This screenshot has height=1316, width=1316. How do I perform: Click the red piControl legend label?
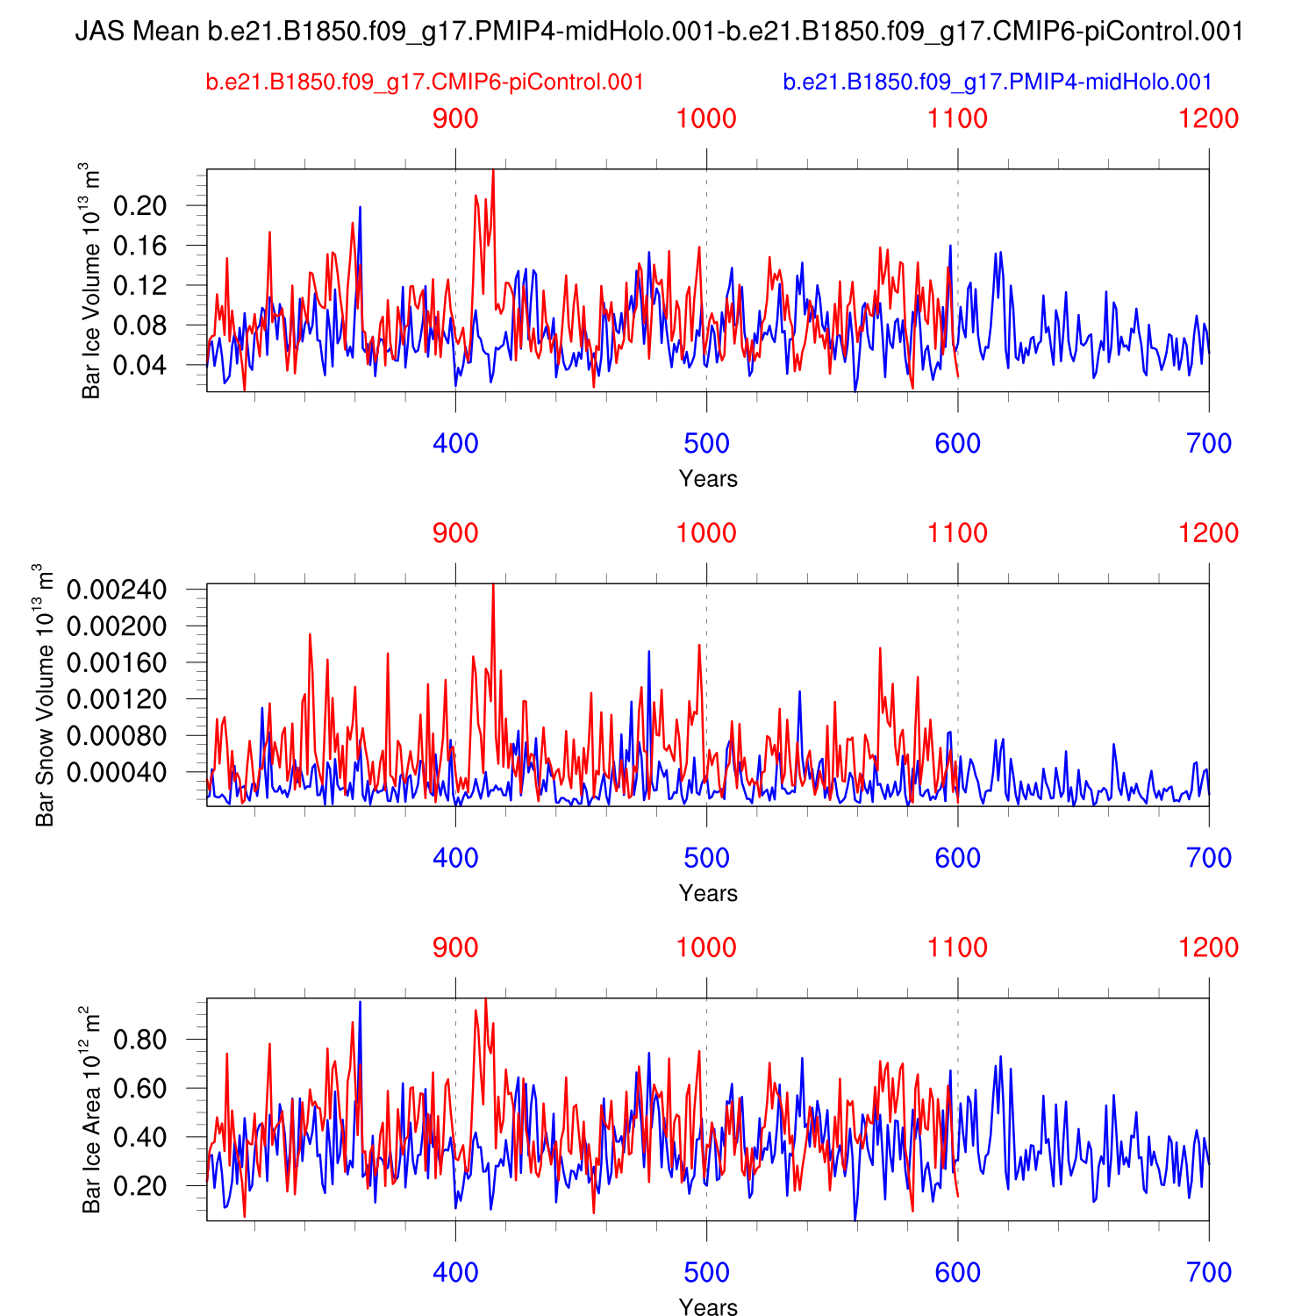click(425, 82)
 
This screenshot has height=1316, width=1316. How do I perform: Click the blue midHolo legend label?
click(997, 82)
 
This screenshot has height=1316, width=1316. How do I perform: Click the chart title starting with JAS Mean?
click(659, 32)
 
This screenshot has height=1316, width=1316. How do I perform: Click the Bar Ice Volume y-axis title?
click(91, 281)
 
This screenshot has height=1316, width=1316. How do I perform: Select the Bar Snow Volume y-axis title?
click(45, 695)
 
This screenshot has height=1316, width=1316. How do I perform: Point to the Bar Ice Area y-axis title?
click(91, 1110)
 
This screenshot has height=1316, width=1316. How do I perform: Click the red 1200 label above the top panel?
click(1209, 118)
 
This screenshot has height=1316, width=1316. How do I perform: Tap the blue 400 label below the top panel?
click(455, 444)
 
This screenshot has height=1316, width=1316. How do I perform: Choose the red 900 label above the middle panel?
click(455, 533)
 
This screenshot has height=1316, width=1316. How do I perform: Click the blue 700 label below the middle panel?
click(1209, 859)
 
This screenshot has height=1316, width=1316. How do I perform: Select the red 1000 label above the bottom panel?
click(706, 948)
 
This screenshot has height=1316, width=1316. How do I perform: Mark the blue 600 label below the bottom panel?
click(957, 1273)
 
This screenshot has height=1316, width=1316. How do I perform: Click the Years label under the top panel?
click(708, 479)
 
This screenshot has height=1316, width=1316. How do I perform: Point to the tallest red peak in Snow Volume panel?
click(493, 586)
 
